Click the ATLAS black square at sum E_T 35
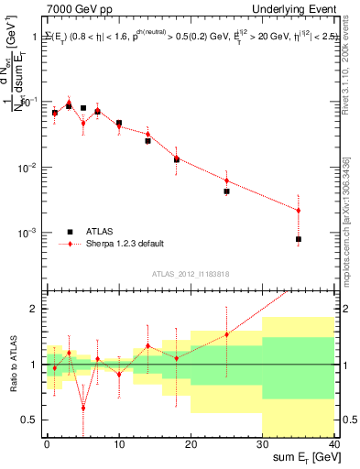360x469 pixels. click(299, 239)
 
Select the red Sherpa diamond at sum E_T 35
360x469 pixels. click(299, 211)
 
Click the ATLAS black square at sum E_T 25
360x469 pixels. click(226, 191)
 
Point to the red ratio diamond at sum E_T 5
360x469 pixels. click(83, 408)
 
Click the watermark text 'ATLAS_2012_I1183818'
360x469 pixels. click(190, 273)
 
